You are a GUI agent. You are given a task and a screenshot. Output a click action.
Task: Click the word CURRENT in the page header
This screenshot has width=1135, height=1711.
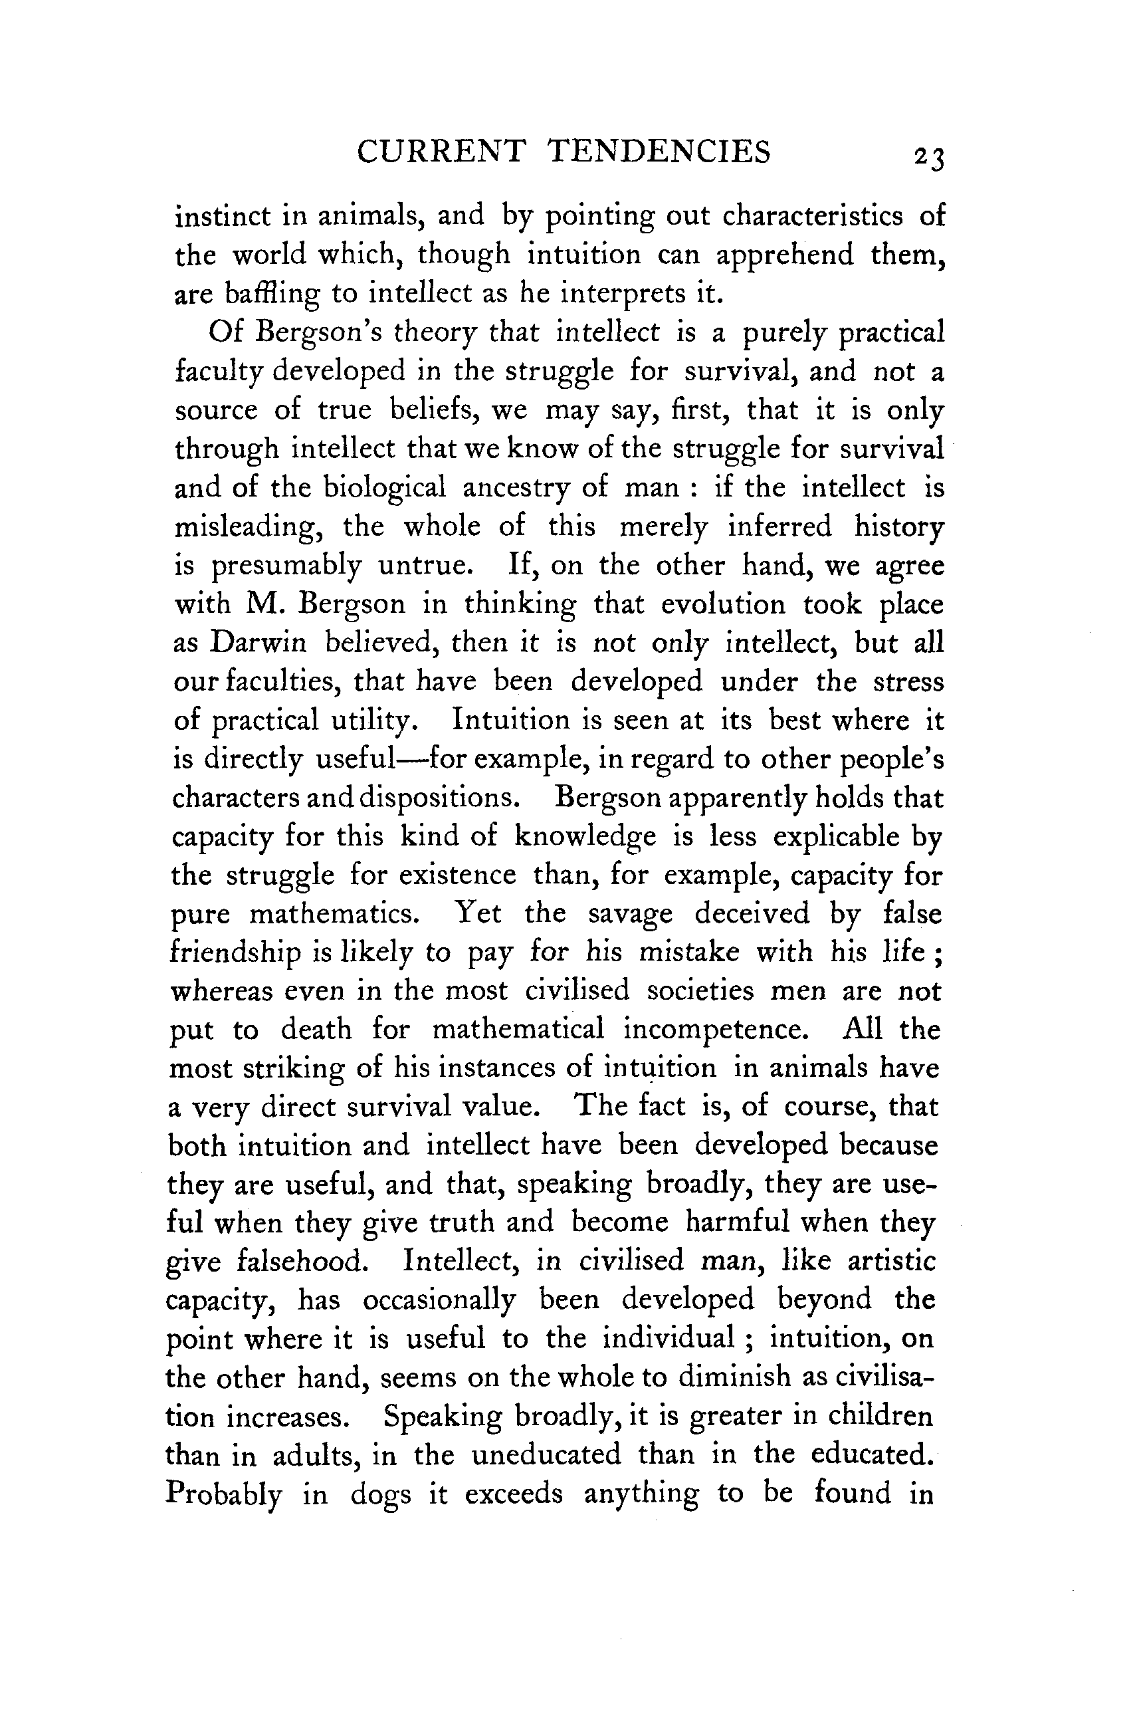441,152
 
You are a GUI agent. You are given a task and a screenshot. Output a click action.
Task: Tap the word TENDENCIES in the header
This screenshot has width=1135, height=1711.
659,152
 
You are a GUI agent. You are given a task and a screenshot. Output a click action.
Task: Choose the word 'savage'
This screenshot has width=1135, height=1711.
630,914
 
